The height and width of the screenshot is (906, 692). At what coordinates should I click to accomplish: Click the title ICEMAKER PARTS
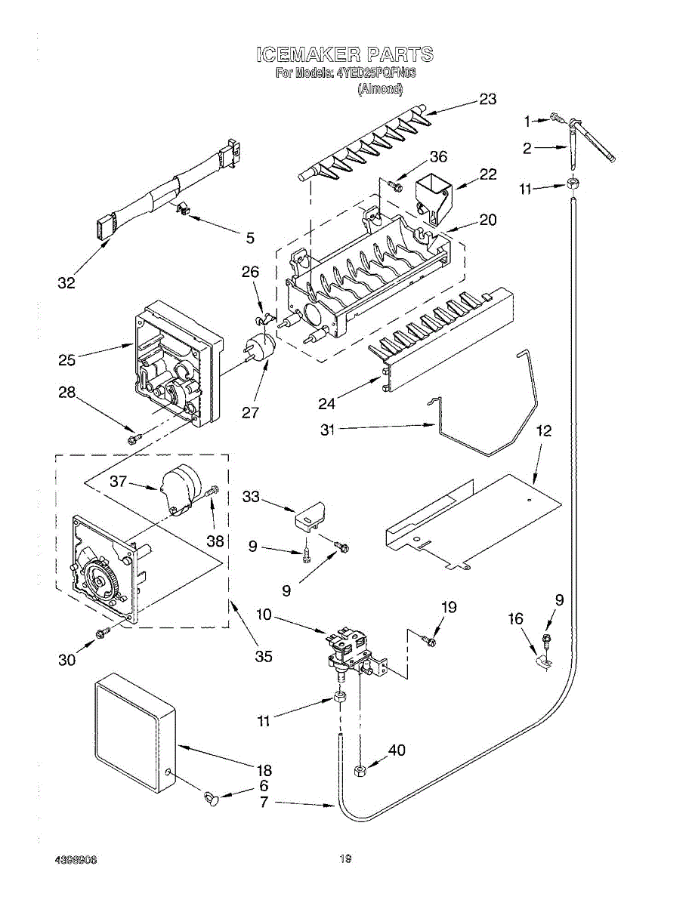point(345,54)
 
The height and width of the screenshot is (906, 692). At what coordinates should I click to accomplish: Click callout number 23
point(487,99)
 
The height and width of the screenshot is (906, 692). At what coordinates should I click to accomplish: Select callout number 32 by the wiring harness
point(66,283)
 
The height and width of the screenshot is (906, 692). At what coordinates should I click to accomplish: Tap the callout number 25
point(66,361)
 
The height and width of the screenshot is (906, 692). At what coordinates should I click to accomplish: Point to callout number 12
point(544,431)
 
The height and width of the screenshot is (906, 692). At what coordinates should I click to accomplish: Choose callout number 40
point(397,750)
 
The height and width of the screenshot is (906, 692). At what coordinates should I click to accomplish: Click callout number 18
point(263,770)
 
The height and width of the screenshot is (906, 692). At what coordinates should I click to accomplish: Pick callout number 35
point(263,656)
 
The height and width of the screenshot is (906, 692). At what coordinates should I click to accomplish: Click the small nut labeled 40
point(360,770)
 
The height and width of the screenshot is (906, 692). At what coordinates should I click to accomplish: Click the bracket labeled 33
point(308,514)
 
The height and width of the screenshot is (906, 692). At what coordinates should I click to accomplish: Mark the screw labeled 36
point(394,183)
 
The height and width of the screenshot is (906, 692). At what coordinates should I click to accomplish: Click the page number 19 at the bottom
point(345,858)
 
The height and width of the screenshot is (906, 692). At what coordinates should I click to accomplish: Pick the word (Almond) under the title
point(380,88)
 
